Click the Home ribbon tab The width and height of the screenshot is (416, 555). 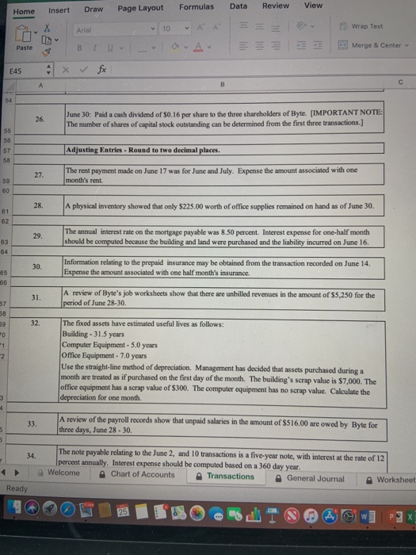point(24,12)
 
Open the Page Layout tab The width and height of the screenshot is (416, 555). point(140,8)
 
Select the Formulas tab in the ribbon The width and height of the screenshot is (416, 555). point(197,6)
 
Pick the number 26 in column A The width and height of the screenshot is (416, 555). point(40,118)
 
